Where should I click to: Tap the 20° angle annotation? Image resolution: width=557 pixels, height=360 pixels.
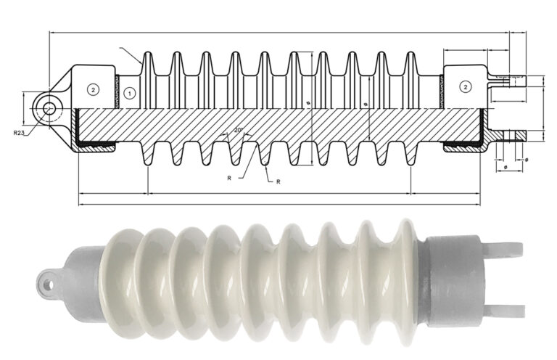[x=239, y=131]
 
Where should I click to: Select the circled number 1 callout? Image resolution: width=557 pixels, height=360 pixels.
[x=128, y=92]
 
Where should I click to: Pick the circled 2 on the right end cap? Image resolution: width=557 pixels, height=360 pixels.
[x=465, y=87]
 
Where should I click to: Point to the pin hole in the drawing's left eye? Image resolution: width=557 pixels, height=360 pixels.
[x=49, y=108]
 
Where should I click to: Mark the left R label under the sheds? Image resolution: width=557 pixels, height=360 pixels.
[x=229, y=176]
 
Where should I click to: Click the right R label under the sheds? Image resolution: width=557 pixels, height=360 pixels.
[x=278, y=181]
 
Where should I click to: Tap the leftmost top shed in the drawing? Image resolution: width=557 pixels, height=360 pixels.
[x=149, y=65]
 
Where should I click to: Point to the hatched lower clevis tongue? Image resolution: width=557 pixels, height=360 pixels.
[x=511, y=136]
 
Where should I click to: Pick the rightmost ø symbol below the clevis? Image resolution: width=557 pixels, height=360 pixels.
[x=526, y=160]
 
